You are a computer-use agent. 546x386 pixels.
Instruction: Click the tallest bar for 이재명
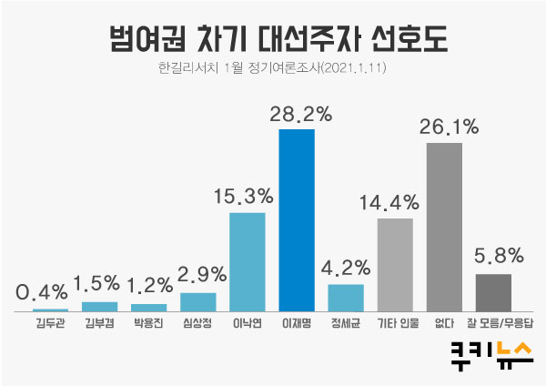coord(297,220)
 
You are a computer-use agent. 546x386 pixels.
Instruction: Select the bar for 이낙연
coord(247,262)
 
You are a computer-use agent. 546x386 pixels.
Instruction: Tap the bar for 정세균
coord(346,298)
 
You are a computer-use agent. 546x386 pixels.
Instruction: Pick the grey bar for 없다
coord(444,227)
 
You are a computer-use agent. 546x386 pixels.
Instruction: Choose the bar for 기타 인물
coord(395,265)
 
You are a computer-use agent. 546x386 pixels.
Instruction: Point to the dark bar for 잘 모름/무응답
coord(493,292)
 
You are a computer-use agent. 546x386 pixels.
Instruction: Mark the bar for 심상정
coord(197,301)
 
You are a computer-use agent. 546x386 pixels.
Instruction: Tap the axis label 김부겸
coord(99,322)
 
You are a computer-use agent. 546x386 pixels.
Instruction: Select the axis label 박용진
coord(148,322)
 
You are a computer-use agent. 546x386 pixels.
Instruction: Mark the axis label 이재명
coord(297,322)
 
